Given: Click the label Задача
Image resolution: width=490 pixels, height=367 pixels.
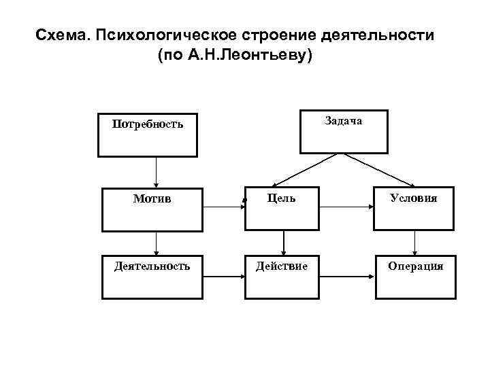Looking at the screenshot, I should pos(344,120).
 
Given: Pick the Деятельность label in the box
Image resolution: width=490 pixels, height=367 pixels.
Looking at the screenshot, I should pos(152,266).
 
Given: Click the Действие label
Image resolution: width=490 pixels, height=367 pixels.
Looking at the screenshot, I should pos(281,266).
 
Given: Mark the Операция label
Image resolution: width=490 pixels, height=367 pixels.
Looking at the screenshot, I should pos(415,266).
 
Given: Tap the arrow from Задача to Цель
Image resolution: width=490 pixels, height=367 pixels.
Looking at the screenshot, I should pos(306,170).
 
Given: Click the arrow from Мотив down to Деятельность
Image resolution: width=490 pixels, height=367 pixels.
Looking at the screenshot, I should pos(157,243).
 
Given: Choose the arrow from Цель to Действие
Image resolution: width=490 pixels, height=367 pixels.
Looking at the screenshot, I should pos(283,243).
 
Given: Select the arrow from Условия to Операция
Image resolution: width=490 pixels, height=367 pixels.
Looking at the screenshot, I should pos(414,243).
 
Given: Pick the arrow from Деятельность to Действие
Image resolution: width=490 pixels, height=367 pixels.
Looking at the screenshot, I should pos(225,277).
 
